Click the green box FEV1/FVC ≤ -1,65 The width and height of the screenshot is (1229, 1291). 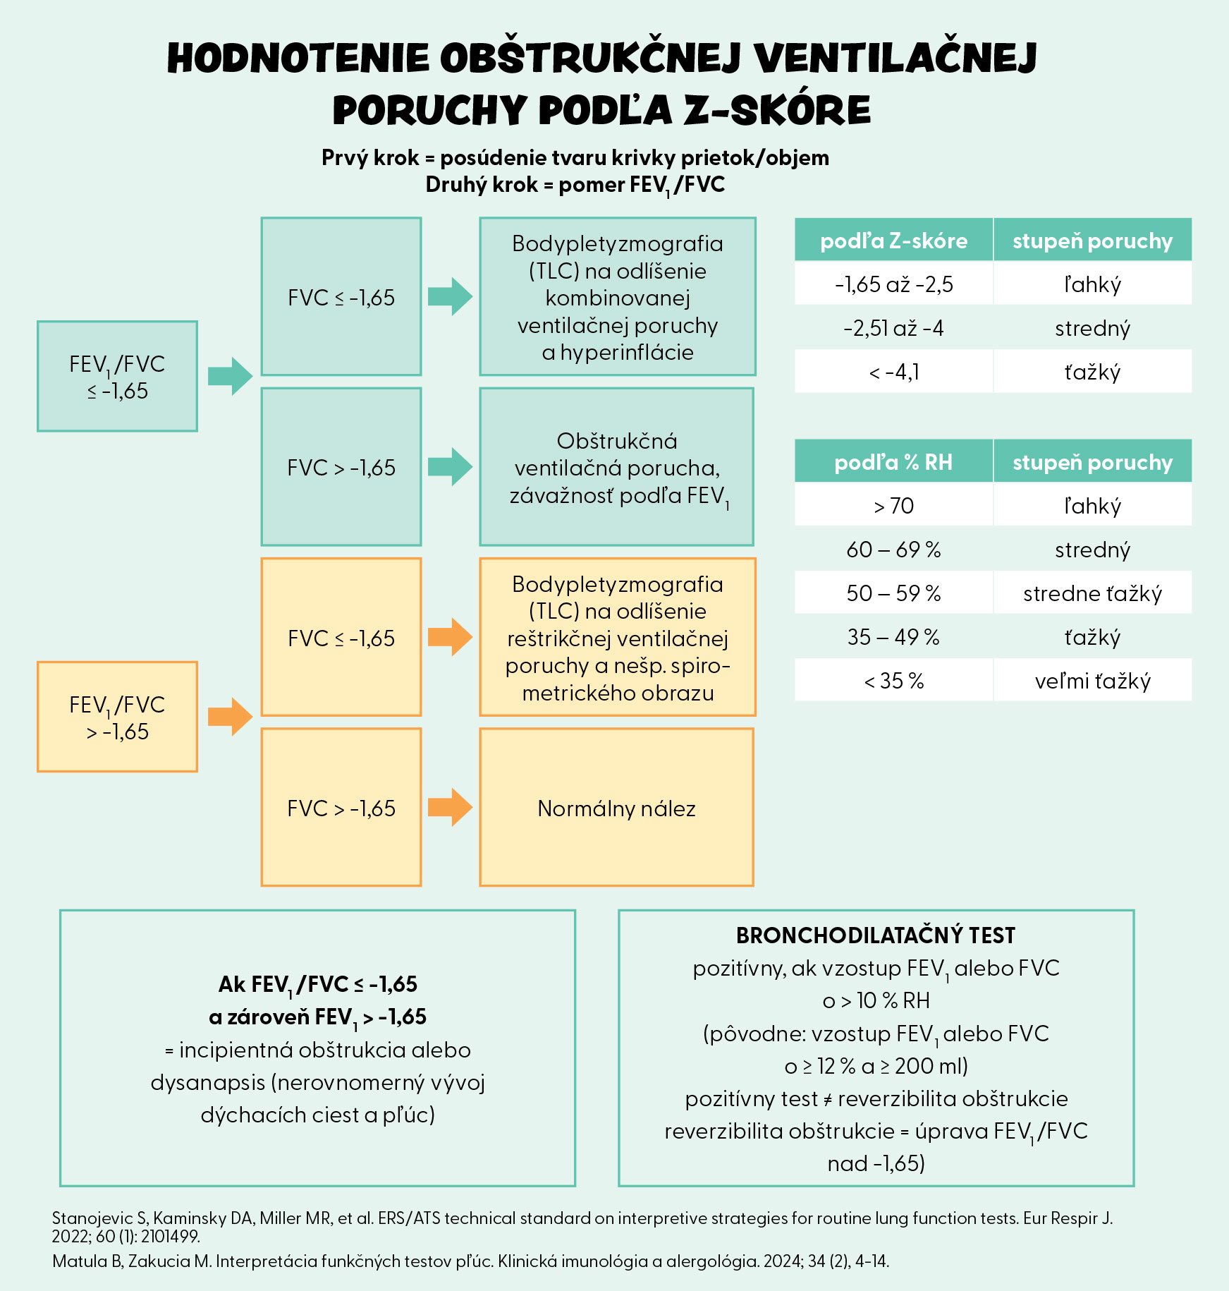pos(117,376)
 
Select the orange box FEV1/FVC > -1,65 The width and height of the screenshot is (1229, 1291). pos(117,717)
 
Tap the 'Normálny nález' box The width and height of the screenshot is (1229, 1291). pos(616,808)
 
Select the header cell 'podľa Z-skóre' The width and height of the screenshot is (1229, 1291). pos(893,241)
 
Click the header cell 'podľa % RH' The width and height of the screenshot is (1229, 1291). pos(893,462)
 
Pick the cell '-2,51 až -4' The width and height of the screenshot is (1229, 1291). pos(893,328)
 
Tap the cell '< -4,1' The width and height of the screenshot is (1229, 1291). pos(893,372)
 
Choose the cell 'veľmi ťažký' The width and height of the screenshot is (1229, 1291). pos(1092,681)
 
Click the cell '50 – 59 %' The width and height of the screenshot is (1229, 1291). pos(893,593)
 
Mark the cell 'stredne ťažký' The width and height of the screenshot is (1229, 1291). pos(1092,593)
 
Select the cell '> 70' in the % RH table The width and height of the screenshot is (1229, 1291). pos(893,506)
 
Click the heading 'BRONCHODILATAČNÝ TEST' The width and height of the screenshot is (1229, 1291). pos(876,935)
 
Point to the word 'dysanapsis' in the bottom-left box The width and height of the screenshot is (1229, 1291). pos(207,1083)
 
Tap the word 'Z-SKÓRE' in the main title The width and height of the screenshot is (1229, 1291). pos(777,111)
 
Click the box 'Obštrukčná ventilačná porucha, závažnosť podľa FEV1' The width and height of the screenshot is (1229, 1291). pos(616,467)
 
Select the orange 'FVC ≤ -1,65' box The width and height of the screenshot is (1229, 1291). pos(341,638)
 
